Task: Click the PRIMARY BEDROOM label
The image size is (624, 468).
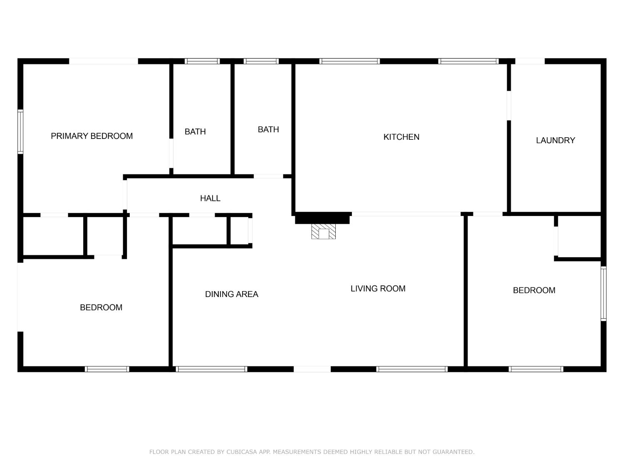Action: pyautogui.click(x=92, y=136)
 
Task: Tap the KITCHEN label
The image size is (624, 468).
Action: pyautogui.click(x=401, y=137)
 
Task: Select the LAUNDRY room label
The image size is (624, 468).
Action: pyautogui.click(x=555, y=141)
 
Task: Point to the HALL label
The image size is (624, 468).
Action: pyautogui.click(x=210, y=198)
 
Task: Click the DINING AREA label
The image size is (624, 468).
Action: pyautogui.click(x=231, y=294)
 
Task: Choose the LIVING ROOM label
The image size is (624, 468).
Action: pyautogui.click(x=378, y=289)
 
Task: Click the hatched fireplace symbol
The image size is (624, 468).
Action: pyautogui.click(x=324, y=232)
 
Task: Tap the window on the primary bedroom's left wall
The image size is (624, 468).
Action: pyautogui.click(x=20, y=131)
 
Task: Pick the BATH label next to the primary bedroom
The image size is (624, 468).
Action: pyautogui.click(x=195, y=132)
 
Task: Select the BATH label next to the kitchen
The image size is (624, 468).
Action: pyautogui.click(x=268, y=130)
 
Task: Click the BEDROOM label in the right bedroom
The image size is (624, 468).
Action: pyautogui.click(x=534, y=290)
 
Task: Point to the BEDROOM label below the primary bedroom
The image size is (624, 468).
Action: pyautogui.click(x=101, y=307)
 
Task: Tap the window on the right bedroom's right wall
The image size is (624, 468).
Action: pyautogui.click(x=603, y=294)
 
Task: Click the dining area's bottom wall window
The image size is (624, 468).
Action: pyautogui.click(x=211, y=369)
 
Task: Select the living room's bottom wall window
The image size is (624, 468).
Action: pyautogui.click(x=412, y=369)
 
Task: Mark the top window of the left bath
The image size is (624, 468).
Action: pyautogui.click(x=202, y=61)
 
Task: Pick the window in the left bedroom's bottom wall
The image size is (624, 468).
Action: pyautogui.click(x=107, y=369)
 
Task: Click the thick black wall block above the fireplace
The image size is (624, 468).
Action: pyautogui.click(x=322, y=218)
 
